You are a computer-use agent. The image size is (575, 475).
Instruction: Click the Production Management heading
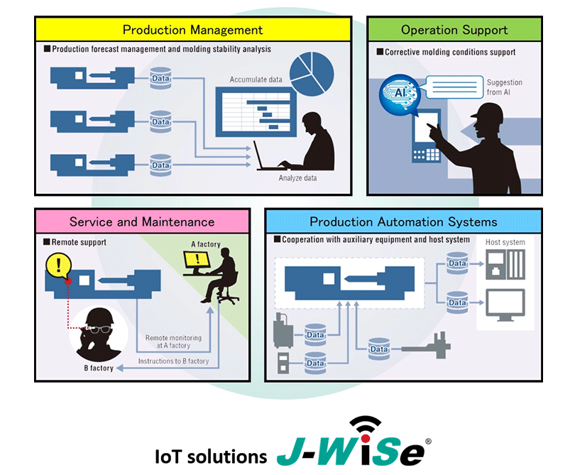pos(192,30)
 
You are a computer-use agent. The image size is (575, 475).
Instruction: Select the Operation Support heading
pos(454,30)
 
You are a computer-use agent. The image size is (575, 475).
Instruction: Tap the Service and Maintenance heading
pos(142,222)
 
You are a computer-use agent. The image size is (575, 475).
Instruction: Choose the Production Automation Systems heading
pos(403,222)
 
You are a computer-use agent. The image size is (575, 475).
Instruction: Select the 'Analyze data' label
pos(297,178)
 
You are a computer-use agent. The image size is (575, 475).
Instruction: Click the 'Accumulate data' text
pos(256,80)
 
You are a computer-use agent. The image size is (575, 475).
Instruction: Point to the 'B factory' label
pos(99,368)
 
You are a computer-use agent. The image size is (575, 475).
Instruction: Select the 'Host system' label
pos(505,243)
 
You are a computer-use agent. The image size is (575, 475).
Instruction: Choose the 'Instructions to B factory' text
pos(173,361)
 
